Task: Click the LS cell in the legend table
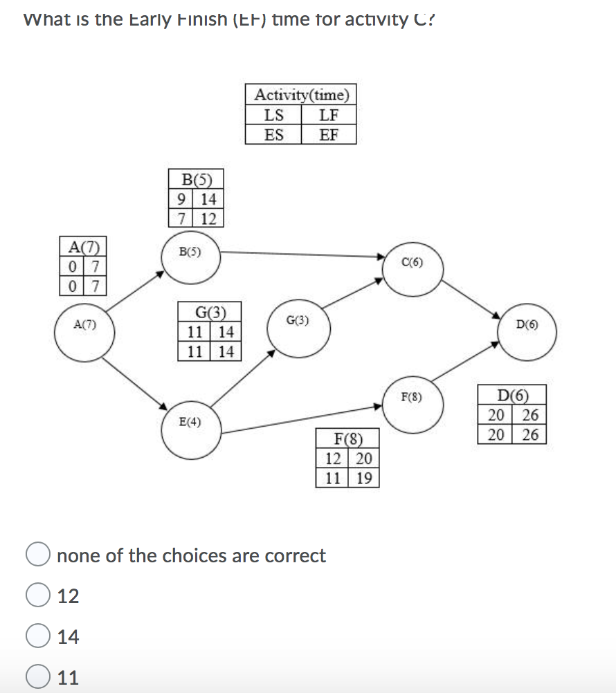274,115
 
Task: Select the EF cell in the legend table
329,134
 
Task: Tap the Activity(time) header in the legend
301,94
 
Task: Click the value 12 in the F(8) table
332,459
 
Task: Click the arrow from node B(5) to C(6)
305,255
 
